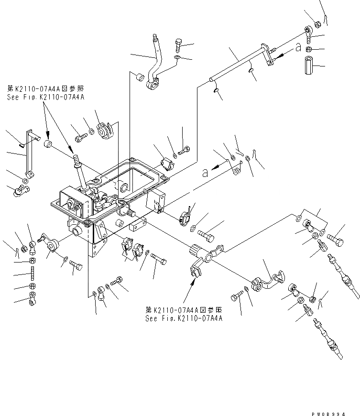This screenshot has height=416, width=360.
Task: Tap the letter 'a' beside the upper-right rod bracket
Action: click(298, 48)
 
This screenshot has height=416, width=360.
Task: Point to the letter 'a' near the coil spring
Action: click(205, 173)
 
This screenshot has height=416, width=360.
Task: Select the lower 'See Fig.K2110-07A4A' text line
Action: click(185, 317)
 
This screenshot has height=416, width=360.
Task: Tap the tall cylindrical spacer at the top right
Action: click(308, 66)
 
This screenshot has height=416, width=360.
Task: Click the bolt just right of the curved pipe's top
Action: click(178, 45)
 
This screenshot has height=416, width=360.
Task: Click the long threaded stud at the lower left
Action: click(32, 274)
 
